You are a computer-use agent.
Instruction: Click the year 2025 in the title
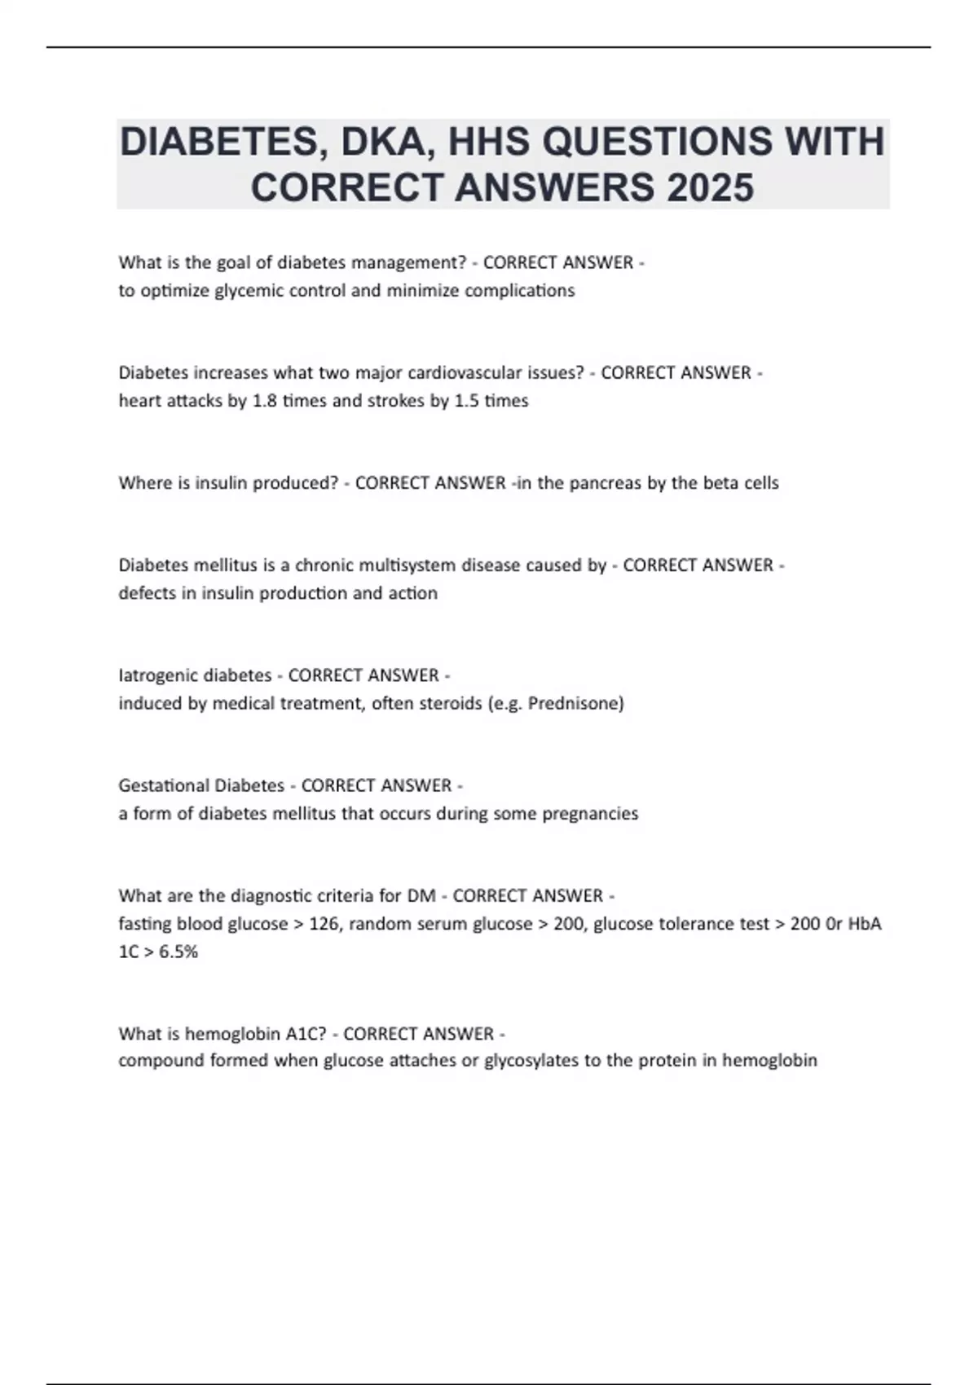[x=710, y=187]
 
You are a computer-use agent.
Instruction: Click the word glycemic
[x=246, y=291]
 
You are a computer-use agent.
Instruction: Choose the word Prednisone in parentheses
[x=575, y=703]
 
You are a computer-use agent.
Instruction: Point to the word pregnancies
[x=590, y=813]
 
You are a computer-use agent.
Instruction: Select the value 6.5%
[x=178, y=952]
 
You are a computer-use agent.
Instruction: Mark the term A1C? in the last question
[x=306, y=1034]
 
